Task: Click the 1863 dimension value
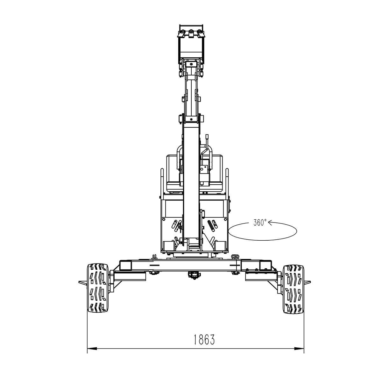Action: coord(204,340)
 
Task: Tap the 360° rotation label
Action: coord(260,223)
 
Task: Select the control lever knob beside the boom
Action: coord(207,138)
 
